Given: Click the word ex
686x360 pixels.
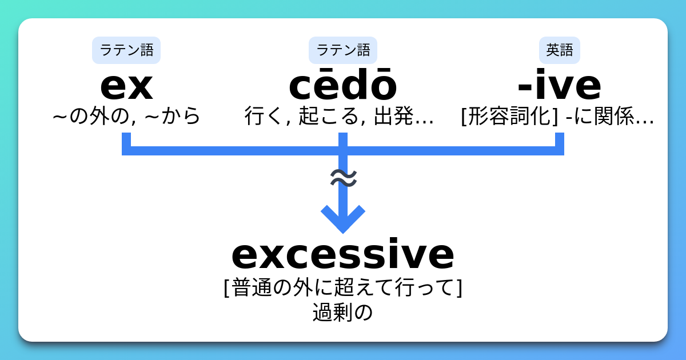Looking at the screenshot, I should (x=126, y=86).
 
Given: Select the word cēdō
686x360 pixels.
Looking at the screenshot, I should (x=342, y=86).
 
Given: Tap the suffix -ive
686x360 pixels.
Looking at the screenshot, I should (x=559, y=86).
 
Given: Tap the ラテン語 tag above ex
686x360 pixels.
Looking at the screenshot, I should (x=126, y=50).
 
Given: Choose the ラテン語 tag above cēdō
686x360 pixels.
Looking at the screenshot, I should (x=342, y=50).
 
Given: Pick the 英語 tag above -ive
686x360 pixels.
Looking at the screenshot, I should (x=559, y=50).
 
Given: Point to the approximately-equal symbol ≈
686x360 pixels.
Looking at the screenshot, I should (x=344, y=178).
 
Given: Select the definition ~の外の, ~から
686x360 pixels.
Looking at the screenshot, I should (x=126, y=116).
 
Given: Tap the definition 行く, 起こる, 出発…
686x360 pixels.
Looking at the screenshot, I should (x=339, y=116).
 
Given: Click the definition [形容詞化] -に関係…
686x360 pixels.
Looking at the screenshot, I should (x=557, y=116).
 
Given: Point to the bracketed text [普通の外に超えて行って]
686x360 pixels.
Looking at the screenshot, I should (x=342, y=287).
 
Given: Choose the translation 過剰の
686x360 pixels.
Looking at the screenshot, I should (x=342, y=313).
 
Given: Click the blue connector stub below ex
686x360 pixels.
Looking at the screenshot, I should (x=126, y=141).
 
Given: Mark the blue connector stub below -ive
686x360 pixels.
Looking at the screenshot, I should (x=559, y=141).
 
